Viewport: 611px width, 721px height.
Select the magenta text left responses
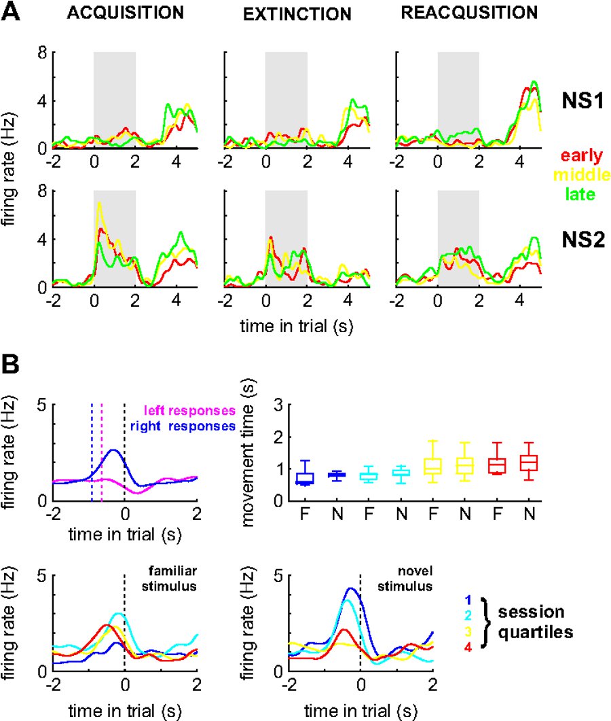click(189, 411)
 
